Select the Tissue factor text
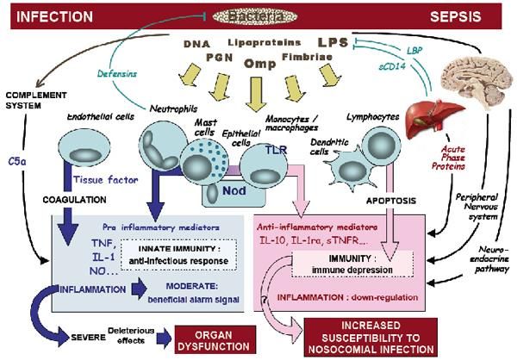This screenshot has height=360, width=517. pos(101,182)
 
